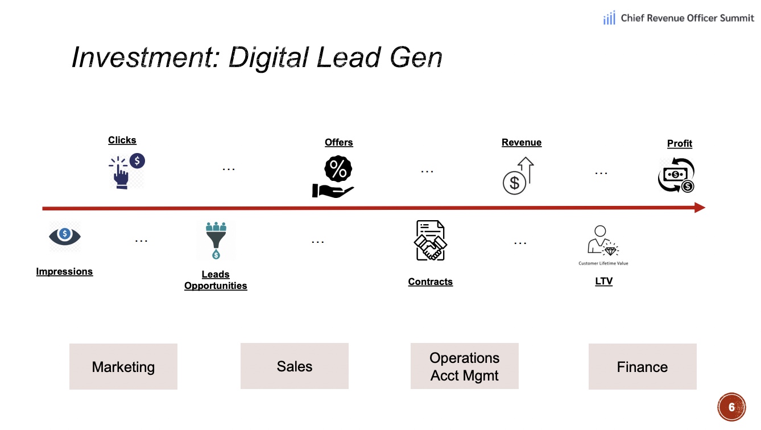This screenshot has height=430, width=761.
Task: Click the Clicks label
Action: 122,140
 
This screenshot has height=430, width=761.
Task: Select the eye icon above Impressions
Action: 65,235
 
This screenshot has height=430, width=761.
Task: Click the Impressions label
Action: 64,271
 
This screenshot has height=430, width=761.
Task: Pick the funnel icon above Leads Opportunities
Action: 216,239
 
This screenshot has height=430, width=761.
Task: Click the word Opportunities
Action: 216,286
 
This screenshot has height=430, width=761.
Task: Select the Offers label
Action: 339,142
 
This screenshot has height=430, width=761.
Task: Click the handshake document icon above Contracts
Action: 430,241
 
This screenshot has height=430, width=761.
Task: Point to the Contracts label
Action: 431,282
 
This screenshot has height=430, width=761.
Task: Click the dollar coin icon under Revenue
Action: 514,183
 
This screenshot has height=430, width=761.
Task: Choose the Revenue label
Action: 522,142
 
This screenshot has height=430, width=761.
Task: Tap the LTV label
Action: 603,282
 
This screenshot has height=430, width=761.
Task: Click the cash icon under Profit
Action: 676,176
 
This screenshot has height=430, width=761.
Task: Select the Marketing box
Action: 123,367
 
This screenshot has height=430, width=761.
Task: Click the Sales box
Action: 295,366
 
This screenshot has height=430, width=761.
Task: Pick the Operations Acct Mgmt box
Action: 465,366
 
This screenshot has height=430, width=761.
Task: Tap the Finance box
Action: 642,367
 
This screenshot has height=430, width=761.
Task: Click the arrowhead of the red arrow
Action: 700,208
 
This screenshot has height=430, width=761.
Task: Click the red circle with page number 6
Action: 732,407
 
